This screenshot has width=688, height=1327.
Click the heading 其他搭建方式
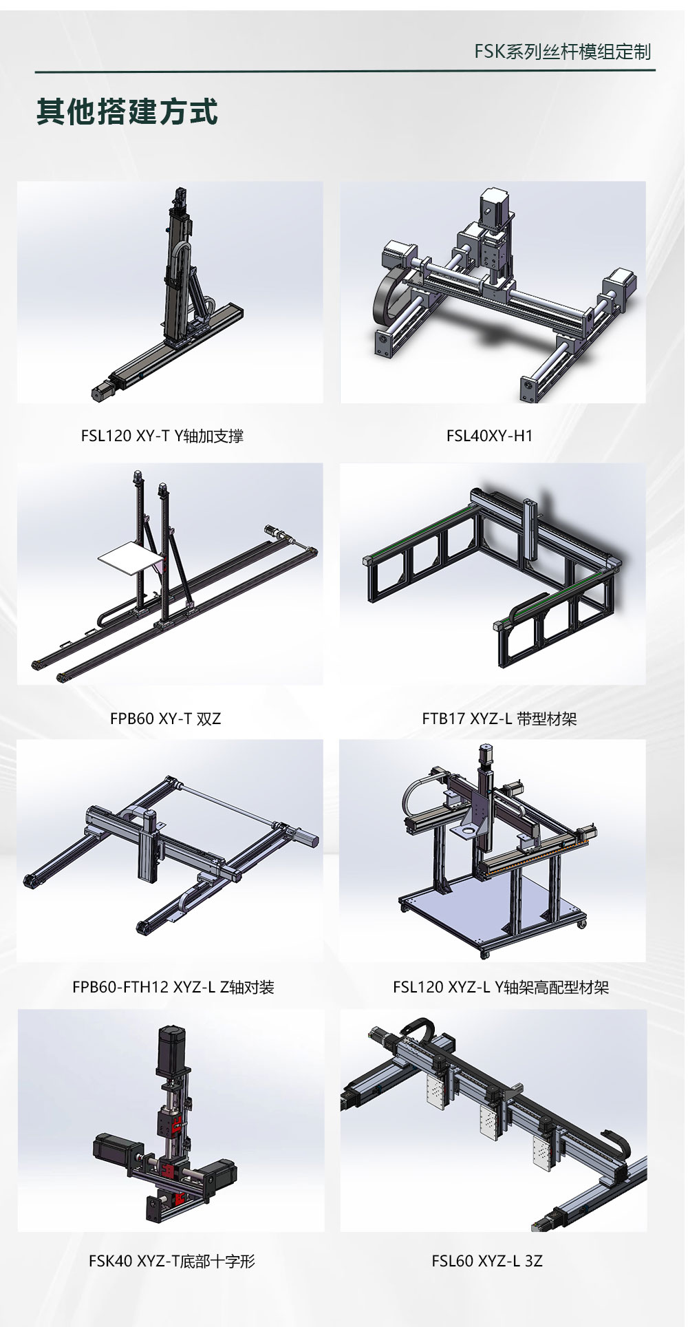(x=127, y=112)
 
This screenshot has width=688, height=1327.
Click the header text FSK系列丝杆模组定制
(x=562, y=52)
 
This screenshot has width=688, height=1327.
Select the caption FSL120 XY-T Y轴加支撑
(x=162, y=436)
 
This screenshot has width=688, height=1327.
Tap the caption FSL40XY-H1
(x=490, y=436)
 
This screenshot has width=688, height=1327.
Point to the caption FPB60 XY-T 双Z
(x=166, y=719)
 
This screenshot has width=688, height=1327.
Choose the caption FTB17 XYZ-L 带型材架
(x=499, y=719)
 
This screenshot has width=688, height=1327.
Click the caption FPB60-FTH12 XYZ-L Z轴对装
(x=173, y=987)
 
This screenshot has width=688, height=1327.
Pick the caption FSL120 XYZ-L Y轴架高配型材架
(x=501, y=987)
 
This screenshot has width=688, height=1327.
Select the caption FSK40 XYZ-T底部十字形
(x=172, y=1261)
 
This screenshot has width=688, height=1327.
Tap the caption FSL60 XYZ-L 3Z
(x=487, y=1261)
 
